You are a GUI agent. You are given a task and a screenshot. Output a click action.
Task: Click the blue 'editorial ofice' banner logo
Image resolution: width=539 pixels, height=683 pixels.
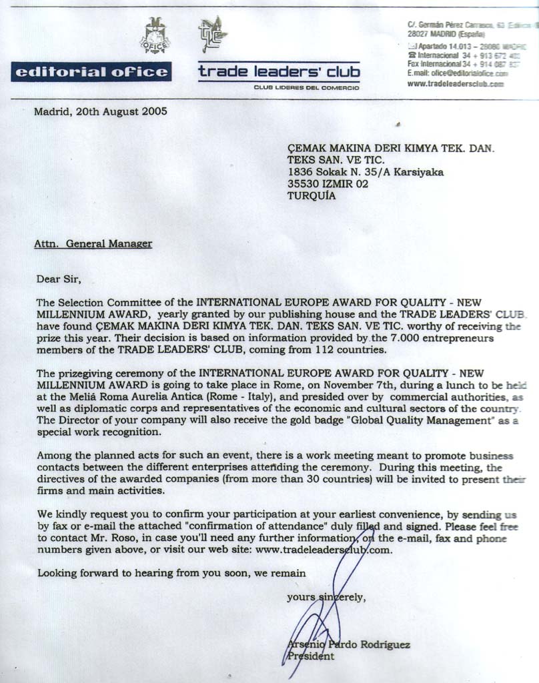point(91,72)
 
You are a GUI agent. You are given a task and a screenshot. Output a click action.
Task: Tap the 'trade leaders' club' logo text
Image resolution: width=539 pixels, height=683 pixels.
point(279,71)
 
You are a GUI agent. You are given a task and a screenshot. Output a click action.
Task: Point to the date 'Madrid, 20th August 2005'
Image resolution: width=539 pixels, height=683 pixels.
point(100,111)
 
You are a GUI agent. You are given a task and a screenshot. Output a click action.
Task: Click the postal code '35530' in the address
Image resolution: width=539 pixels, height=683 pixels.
point(304,184)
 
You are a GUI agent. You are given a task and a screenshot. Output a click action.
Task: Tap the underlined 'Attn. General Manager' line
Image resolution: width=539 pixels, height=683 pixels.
point(93,244)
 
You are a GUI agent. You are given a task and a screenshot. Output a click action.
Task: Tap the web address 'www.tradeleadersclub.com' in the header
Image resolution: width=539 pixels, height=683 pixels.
point(455,84)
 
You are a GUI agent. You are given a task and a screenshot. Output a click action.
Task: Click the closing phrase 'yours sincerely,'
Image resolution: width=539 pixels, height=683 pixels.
point(326,598)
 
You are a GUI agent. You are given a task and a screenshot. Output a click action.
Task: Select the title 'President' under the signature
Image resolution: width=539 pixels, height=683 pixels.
point(310,656)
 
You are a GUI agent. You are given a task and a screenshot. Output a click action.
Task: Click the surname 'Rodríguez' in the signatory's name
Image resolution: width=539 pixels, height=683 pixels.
point(386,645)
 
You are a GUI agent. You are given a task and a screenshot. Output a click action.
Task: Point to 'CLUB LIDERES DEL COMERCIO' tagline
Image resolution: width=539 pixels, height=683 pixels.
point(306,87)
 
